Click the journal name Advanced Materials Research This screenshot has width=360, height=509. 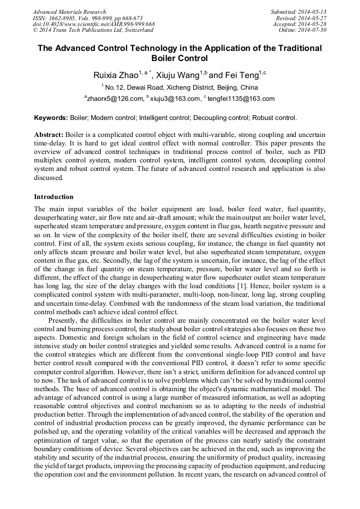(69, 12)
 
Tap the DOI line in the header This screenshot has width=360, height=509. (93, 24)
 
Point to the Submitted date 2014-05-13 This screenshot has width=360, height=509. (299, 12)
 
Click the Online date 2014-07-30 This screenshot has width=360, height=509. (303, 30)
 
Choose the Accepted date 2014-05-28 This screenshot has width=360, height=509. (300, 24)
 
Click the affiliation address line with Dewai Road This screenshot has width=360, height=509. (179, 88)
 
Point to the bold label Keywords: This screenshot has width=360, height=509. (50, 118)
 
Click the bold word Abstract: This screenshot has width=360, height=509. (49, 135)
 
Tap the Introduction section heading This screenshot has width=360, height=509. (54, 197)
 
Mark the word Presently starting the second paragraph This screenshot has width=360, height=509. (63, 305)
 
